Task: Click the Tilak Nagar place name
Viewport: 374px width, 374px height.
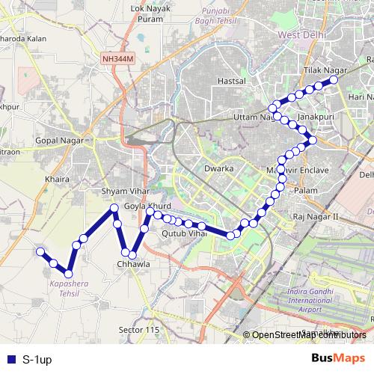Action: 321,69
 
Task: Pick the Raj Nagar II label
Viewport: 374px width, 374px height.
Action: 316,216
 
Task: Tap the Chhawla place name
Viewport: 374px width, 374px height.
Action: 134,264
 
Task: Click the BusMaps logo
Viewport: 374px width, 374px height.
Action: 338,358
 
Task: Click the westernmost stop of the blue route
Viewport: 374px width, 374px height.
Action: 41,252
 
